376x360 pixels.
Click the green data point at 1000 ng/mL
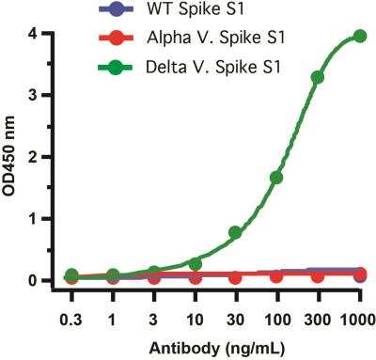[x=359, y=36]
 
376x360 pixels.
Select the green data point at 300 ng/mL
[x=318, y=77]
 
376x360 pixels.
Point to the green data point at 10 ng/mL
[x=195, y=264]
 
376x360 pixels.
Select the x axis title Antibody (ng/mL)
[x=215, y=346]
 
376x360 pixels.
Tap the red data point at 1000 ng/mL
[x=359, y=274]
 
